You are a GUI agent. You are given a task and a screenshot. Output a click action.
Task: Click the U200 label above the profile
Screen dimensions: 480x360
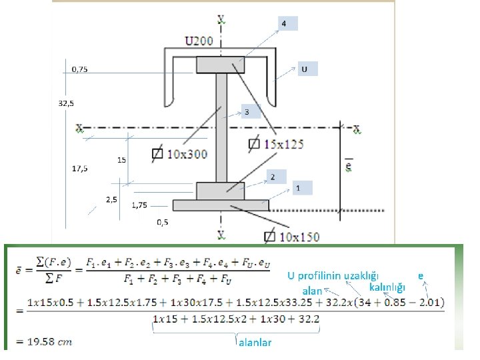pyautogui.click(x=199, y=41)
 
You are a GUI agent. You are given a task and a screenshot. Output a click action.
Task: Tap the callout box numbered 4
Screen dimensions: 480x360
pyautogui.click(x=285, y=24)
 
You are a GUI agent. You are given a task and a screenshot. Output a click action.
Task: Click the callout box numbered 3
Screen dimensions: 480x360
pyautogui.click(x=247, y=112)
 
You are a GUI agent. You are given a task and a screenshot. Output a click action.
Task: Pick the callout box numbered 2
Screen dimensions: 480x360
pyautogui.click(x=273, y=177)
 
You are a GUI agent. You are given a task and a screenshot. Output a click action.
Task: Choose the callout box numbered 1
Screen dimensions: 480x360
pyautogui.click(x=299, y=189)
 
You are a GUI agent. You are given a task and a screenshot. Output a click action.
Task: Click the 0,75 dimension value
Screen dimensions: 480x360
pyautogui.click(x=79, y=69)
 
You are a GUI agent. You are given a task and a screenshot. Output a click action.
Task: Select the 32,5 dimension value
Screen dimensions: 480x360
pyautogui.click(x=66, y=103)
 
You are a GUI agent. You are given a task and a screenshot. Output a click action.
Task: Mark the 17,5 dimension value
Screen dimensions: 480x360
pyautogui.click(x=79, y=169)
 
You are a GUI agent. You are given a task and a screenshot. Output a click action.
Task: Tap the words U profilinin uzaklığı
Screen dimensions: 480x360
pyautogui.click(x=333, y=275)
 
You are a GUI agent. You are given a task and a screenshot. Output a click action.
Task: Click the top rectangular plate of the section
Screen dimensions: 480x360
pyautogui.click(x=220, y=65)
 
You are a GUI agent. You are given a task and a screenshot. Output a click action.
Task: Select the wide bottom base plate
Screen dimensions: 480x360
pyautogui.click(x=220, y=205)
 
